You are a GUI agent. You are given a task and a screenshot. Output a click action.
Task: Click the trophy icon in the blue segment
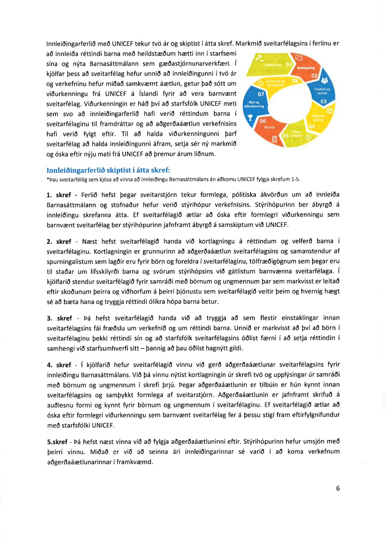(250, 118)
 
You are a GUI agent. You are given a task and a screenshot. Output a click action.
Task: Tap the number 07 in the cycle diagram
(261, 94)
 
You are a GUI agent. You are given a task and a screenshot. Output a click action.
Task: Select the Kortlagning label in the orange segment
(306, 68)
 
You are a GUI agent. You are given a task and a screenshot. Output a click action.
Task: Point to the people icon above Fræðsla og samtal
(324, 81)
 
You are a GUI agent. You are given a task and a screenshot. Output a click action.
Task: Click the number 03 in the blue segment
(323, 101)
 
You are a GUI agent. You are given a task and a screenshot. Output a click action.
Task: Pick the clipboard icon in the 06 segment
(274, 139)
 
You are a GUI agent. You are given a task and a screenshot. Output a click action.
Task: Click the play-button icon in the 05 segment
(308, 137)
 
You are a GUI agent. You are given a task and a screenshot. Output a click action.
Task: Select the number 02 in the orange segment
(314, 76)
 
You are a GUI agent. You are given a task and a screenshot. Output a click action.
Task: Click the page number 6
(338, 488)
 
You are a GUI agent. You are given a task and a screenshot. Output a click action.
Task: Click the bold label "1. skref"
(59, 195)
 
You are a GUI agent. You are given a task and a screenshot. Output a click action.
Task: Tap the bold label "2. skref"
(59, 242)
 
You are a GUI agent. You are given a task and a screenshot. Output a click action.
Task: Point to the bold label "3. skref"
(59, 318)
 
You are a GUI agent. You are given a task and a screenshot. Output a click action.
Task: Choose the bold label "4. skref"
(59, 365)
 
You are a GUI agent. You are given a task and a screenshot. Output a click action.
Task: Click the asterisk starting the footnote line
(48, 179)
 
